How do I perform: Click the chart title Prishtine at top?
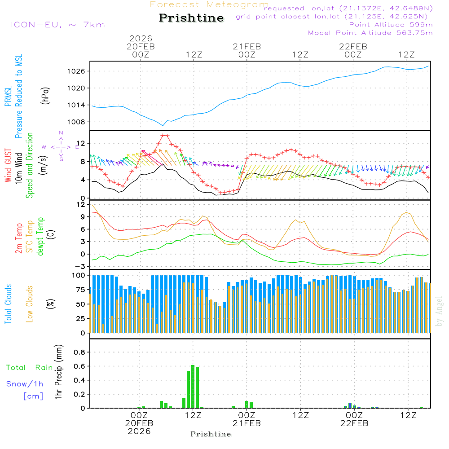pos(191,18)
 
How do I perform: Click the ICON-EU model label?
pos(57,25)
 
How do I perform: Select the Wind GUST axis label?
pos(8,167)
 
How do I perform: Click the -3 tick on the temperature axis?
pos(82,266)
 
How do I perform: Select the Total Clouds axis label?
pos(8,304)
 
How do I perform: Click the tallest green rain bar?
pos(193,386)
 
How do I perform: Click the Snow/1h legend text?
pos(25,384)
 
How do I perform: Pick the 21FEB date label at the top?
pos(247,46)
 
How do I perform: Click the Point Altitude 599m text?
pos(391,24)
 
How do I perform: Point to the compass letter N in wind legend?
pos(61,133)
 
